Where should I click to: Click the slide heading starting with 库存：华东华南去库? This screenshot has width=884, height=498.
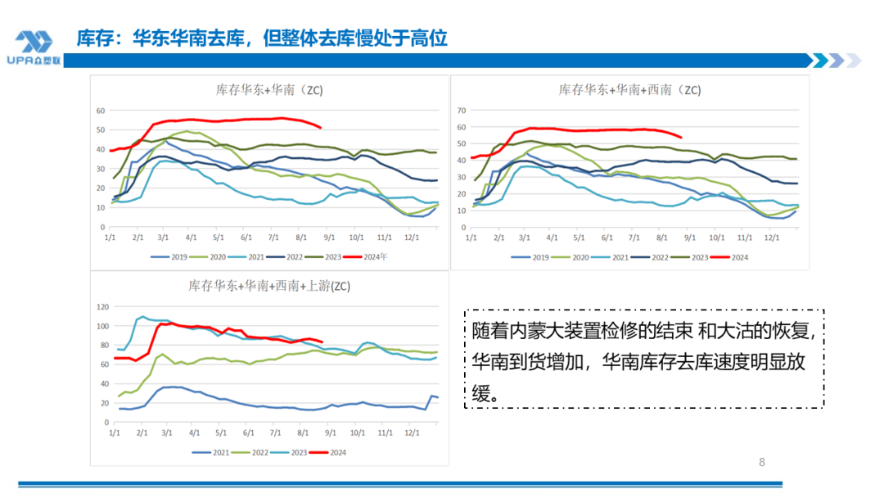click(x=262, y=38)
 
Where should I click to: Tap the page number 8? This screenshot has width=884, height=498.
click(x=762, y=462)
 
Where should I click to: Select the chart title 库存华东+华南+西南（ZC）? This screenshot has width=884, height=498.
click(x=629, y=90)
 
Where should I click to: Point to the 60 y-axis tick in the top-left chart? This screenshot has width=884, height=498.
click(x=101, y=110)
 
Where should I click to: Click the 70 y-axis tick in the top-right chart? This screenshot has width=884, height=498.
click(x=461, y=110)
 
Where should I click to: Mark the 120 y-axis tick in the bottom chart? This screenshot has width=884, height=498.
click(x=103, y=307)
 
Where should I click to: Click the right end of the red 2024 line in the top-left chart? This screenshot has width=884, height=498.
click(x=320, y=128)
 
